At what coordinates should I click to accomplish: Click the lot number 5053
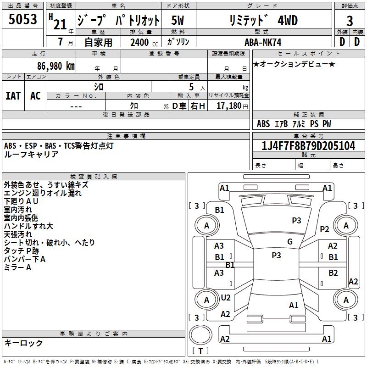(x=22, y=19)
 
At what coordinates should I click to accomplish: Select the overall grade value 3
(x=350, y=21)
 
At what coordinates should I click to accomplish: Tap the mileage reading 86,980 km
(x=56, y=66)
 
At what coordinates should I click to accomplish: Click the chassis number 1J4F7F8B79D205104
(x=308, y=146)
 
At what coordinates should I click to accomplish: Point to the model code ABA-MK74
(x=263, y=42)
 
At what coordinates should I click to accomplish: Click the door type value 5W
(x=178, y=20)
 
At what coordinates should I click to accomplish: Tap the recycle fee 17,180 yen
(x=232, y=106)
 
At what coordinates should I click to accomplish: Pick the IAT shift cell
(x=13, y=96)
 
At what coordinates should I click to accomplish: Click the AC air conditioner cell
(x=35, y=96)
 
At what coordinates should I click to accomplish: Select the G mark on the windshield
(x=290, y=242)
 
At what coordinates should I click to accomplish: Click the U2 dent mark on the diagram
(x=226, y=297)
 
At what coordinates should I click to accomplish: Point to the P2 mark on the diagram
(x=324, y=229)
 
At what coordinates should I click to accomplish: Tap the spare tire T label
(x=200, y=351)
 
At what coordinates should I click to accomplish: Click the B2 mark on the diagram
(x=333, y=273)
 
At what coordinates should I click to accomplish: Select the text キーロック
(x=23, y=343)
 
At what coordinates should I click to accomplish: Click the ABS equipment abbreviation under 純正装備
(x=263, y=123)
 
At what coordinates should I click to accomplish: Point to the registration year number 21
(x=60, y=25)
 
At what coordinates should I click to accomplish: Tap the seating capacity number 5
(x=191, y=87)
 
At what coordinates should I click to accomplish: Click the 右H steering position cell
(x=198, y=106)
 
